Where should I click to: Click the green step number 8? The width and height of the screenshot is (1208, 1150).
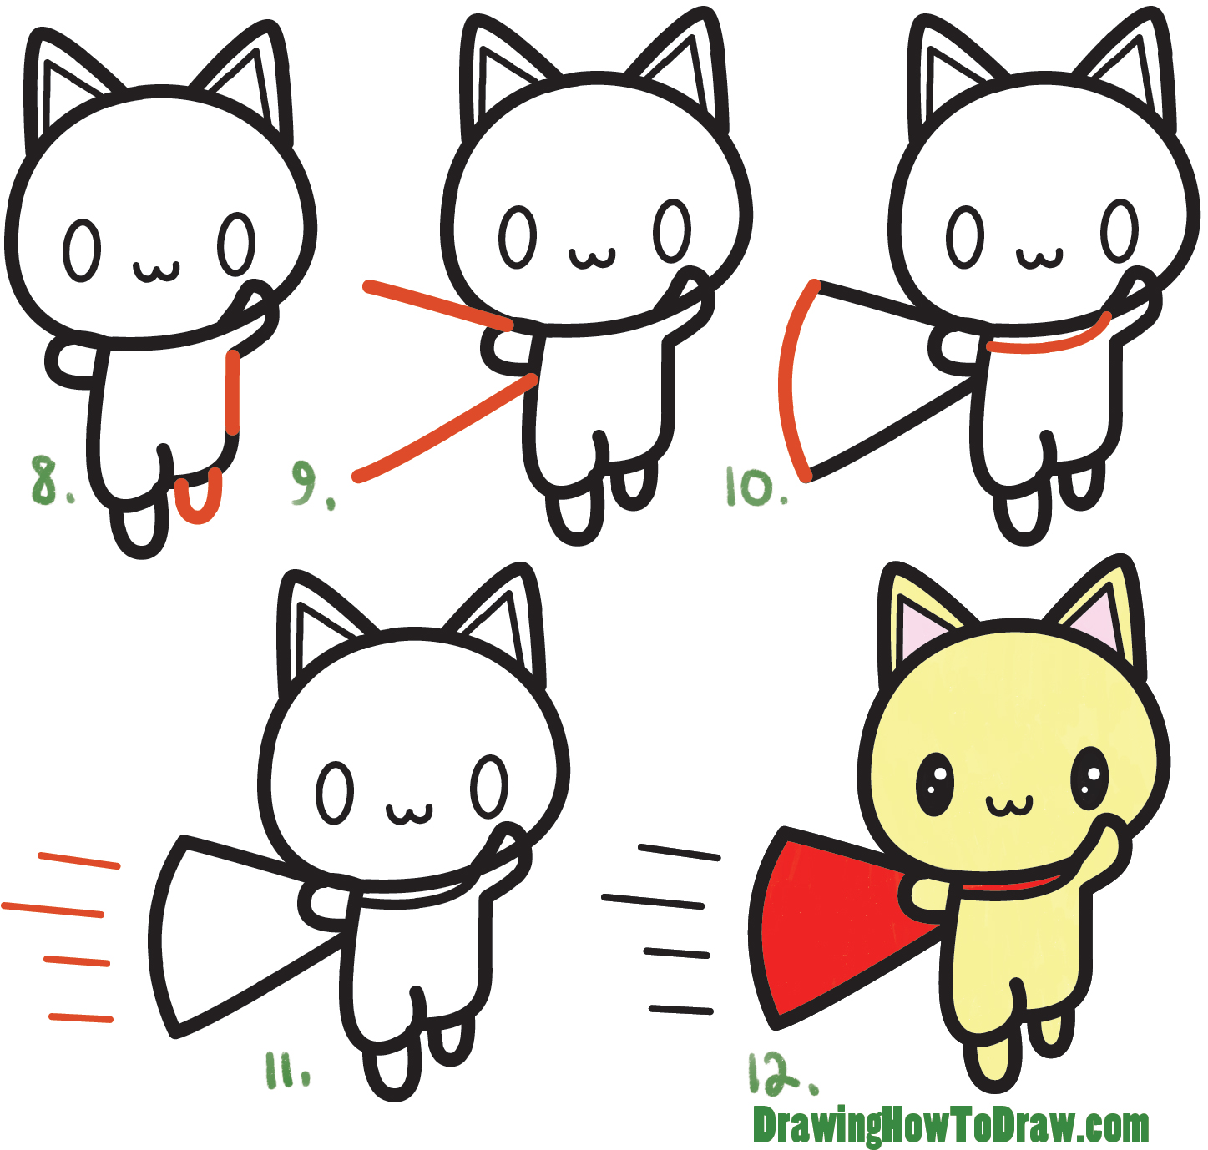click(x=48, y=480)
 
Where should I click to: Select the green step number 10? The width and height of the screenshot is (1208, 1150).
click(x=754, y=487)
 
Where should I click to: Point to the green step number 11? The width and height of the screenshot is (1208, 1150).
click(x=286, y=1070)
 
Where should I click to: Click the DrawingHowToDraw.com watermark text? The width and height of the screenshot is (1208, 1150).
click(x=950, y=1127)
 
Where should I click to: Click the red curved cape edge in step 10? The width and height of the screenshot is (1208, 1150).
click(x=786, y=380)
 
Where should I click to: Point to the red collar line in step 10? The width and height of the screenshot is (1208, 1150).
click(x=1048, y=346)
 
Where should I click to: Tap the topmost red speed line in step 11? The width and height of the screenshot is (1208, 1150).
click(x=79, y=860)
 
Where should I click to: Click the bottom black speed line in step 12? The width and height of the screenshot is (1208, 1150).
click(x=680, y=1010)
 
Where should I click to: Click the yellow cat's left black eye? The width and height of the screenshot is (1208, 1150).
click(x=934, y=784)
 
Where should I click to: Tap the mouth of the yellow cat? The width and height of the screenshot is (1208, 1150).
click(x=1008, y=806)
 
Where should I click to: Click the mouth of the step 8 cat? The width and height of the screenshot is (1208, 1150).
click(x=156, y=271)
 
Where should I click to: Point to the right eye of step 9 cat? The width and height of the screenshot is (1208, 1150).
click(x=671, y=230)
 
